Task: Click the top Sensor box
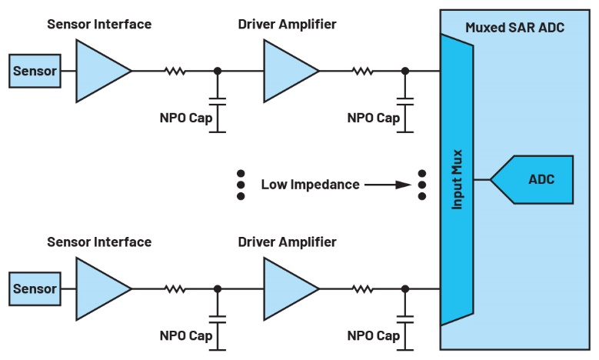35,72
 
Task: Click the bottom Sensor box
35,289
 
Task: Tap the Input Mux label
457,180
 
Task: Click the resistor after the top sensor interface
175,72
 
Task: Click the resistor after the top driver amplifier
362,72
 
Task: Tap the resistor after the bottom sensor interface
175,289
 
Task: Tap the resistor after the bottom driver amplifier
362,289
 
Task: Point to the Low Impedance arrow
388,185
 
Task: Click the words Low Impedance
310,185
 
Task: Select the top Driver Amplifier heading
288,24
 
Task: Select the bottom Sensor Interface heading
99,242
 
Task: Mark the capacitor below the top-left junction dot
218,100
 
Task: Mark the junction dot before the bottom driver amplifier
218,289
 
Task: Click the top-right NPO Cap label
374,118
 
